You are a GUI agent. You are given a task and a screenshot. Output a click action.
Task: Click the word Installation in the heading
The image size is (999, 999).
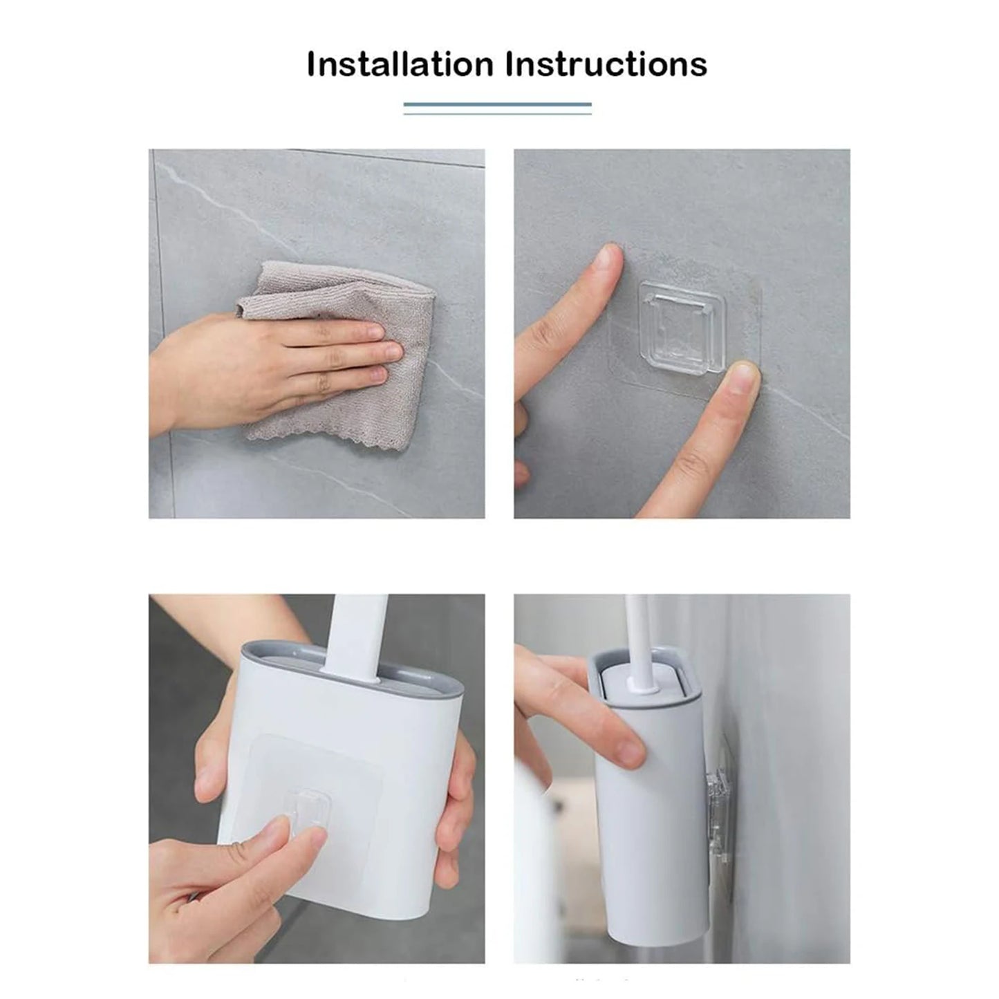click(400, 64)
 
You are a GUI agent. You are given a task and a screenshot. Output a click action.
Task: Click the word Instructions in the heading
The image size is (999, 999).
click(606, 64)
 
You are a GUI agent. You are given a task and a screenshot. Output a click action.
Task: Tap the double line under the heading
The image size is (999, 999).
click(497, 108)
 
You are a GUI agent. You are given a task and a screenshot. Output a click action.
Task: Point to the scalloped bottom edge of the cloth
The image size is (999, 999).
click(325, 436)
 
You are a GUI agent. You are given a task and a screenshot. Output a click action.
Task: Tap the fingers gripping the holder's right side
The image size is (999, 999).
click(456, 795)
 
